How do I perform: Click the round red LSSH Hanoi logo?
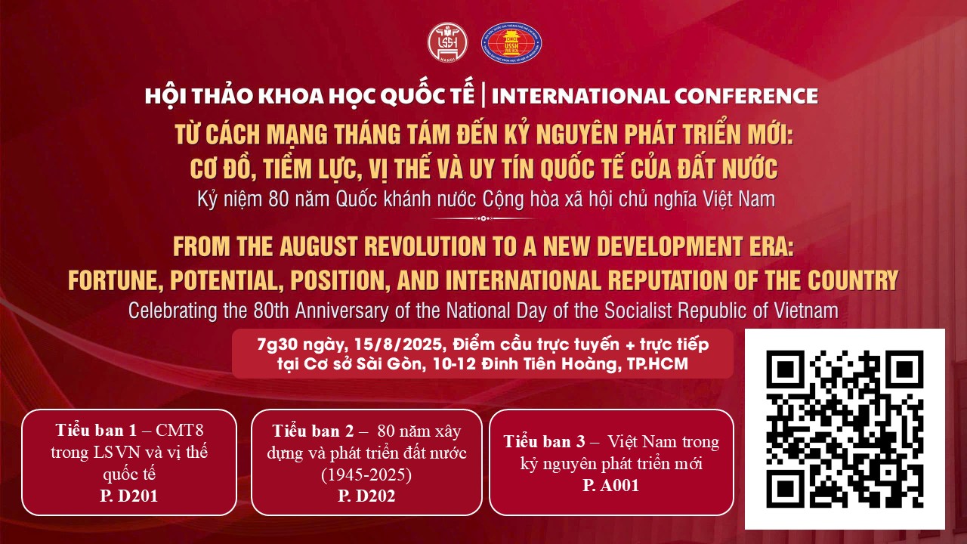448,42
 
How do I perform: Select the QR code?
845,428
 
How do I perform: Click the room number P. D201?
129,496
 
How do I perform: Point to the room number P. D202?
366,496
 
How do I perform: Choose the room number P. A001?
610,485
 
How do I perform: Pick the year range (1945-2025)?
366,474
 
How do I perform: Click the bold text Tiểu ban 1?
96,430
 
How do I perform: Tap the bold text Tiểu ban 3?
545,441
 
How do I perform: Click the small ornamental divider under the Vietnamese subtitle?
483,218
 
